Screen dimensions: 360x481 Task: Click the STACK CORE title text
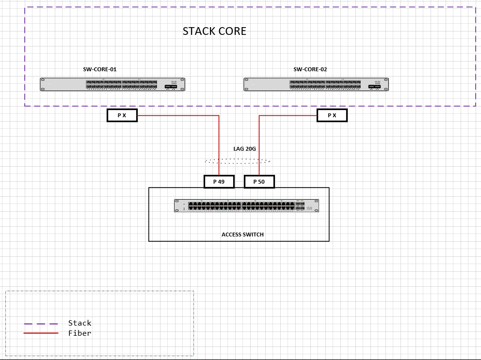[214, 31]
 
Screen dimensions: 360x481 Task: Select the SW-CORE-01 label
[100, 69]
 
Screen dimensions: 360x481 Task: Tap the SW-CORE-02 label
[310, 69]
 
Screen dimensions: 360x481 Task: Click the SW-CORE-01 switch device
[112, 84]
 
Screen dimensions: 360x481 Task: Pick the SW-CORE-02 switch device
[316, 84]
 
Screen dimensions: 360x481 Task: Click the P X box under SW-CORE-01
[122, 115]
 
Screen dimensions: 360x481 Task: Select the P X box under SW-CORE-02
[332, 115]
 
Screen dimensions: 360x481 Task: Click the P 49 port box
[219, 182]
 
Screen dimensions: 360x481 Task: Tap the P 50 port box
[259, 182]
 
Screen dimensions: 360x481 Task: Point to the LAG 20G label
[245, 149]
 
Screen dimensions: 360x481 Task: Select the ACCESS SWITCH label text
[242, 235]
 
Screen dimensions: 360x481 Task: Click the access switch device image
[247, 205]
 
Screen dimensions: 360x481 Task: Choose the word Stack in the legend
[80, 323]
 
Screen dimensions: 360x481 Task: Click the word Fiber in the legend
[80, 333]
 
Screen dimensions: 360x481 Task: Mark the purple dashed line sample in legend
[41, 324]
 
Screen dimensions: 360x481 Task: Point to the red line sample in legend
[41, 333]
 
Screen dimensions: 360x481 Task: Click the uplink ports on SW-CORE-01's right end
[171, 86]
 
